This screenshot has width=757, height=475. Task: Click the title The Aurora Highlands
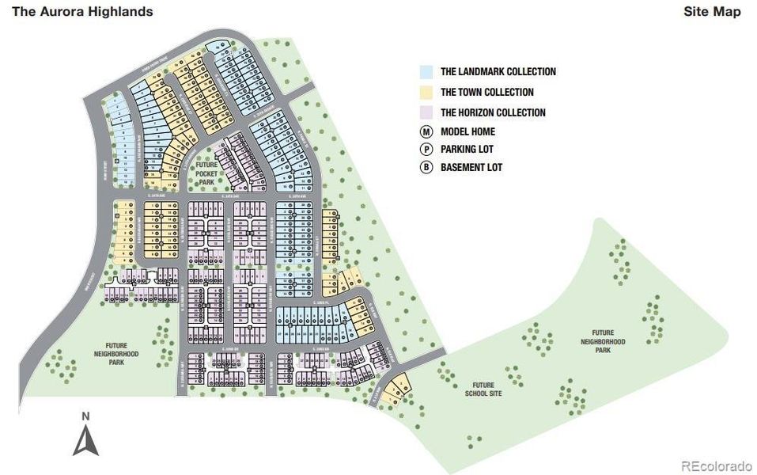coord(84,12)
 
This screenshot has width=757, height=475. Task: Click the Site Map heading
coord(712,12)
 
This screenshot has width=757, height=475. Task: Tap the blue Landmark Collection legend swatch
coord(427,72)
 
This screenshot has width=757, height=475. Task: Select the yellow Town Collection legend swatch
coord(427,93)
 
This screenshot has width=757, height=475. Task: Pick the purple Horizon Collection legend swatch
coord(427,112)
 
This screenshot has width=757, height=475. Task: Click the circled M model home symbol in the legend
coord(427,132)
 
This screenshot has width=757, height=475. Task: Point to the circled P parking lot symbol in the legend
coord(427,150)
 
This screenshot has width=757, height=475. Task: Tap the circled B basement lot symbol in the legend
coord(427,167)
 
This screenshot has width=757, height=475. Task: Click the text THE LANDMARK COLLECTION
coord(498,72)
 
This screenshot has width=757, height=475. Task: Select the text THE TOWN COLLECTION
coord(487,93)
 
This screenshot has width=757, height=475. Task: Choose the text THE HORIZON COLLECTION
coord(493,112)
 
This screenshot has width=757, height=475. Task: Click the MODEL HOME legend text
coord(468,132)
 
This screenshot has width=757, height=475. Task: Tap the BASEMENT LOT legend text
coord(471,167)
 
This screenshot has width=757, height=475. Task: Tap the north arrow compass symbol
coord(85,440)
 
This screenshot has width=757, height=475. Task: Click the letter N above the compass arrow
coord(85,416)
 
